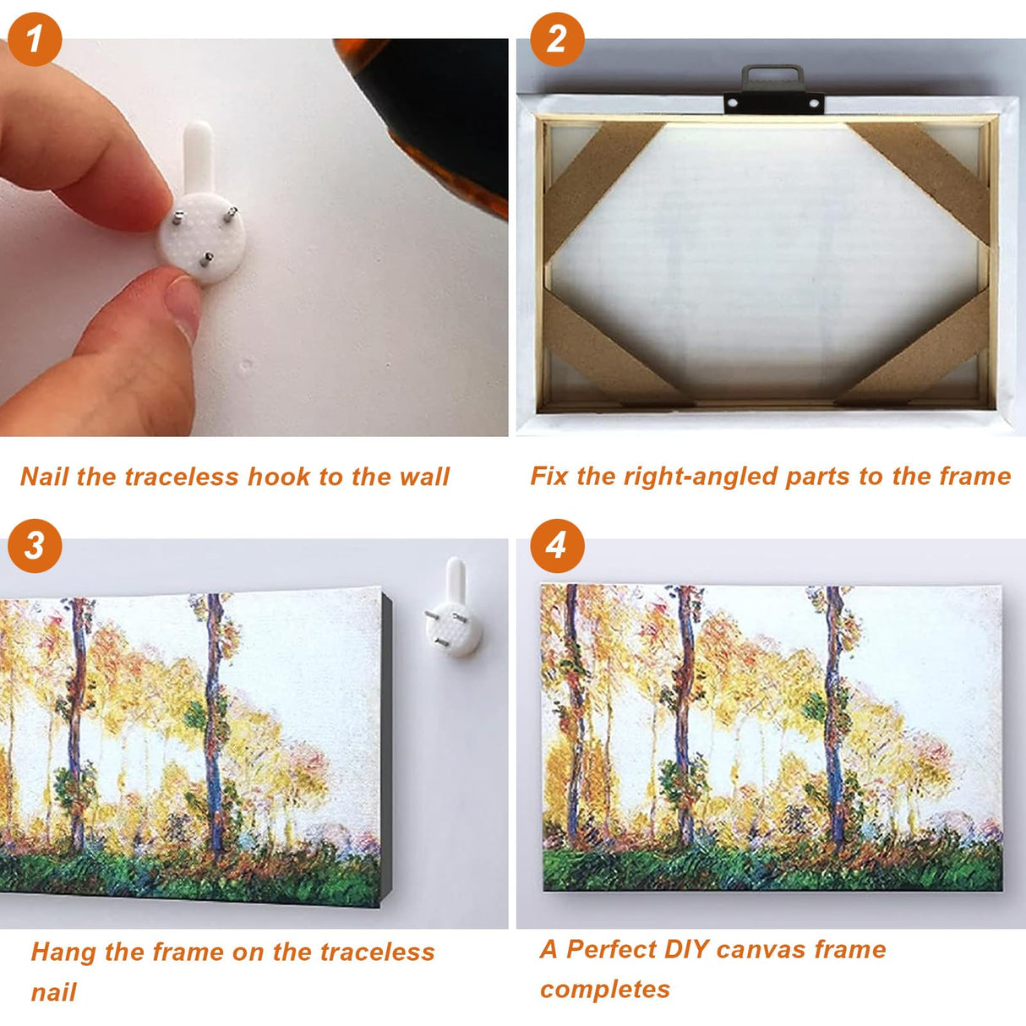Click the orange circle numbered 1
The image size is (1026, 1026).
tap(35, 39)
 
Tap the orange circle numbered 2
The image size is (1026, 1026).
tap(557, 39)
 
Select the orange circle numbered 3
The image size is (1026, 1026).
tap(35, 546)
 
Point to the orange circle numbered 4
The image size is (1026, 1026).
tap(557, 546)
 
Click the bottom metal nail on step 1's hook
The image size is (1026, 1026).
tap(206, 259)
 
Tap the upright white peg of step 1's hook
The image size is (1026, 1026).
tap(198, 156)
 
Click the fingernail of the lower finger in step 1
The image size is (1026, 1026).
tap(182, 308)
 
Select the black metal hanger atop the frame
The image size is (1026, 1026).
tap(773, 90)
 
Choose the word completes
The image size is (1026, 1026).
tap(605, 990)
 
